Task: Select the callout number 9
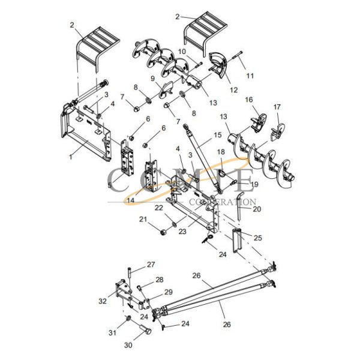coord(153,78)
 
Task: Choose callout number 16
coord(248,101)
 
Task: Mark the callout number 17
coord(277,107)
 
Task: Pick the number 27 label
coord(151,265)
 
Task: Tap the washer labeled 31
coord(128,318)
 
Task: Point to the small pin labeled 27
coord(128,272)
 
